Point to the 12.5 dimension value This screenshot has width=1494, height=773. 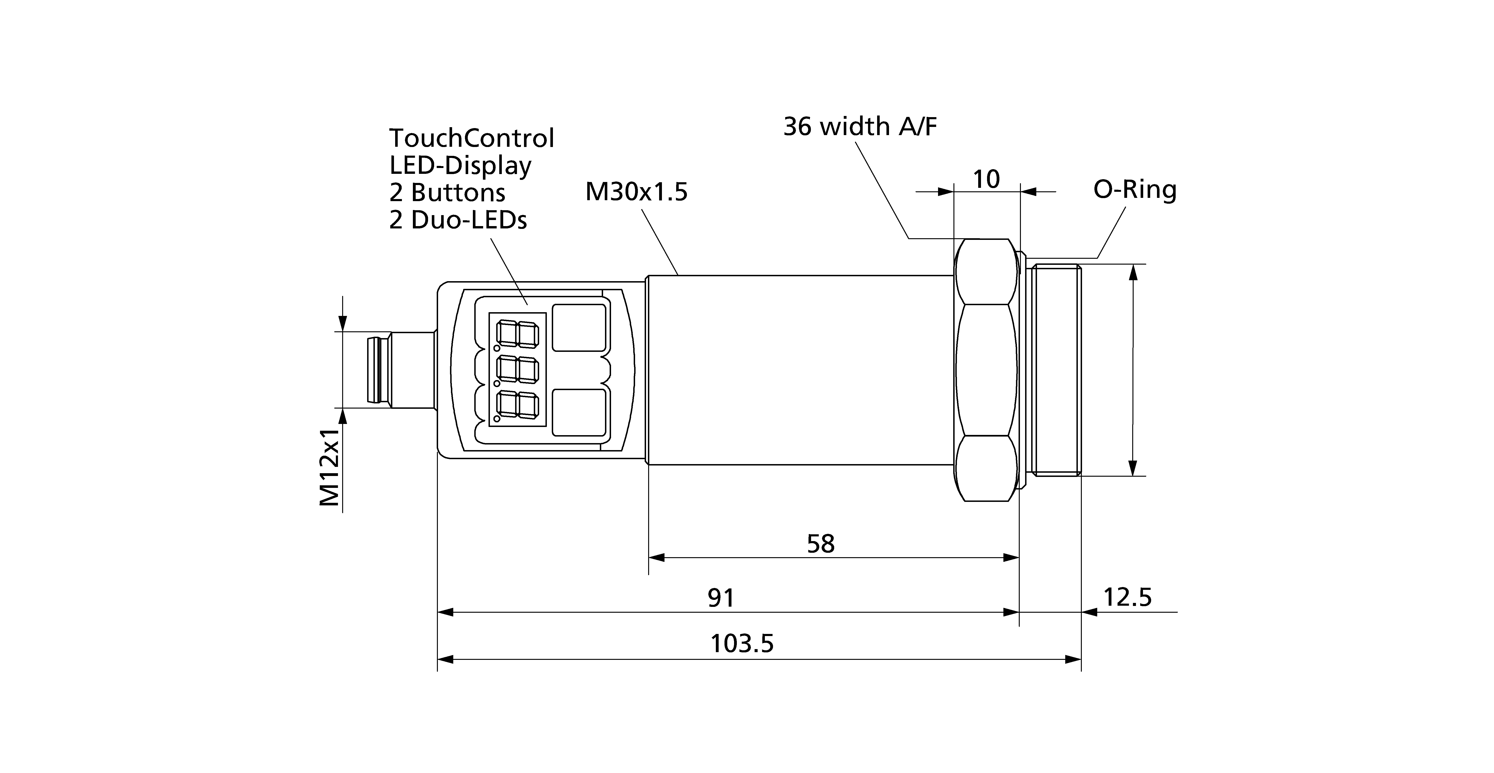pos(1127,597)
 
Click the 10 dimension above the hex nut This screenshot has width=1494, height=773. pos(986,179)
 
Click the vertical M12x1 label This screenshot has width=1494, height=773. pos(329,467)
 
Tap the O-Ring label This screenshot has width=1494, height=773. pos(1134,190)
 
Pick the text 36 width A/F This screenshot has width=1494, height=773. pos(860,126)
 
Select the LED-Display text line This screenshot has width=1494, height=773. pos(460,166)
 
